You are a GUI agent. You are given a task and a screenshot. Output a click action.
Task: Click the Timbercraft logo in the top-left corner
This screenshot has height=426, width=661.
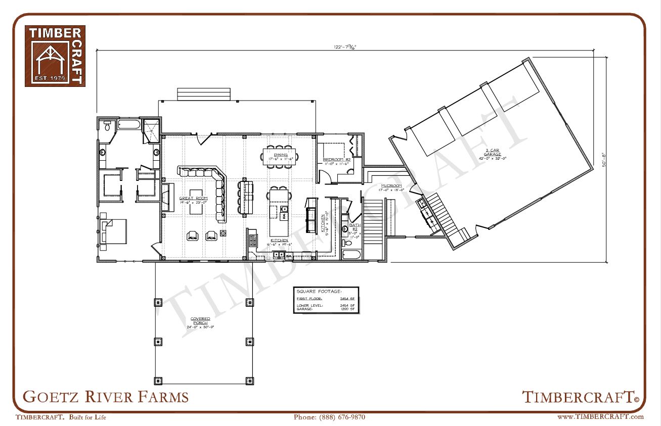[55, 56]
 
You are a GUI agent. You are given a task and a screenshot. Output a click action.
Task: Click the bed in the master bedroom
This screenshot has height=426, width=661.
[113, 231]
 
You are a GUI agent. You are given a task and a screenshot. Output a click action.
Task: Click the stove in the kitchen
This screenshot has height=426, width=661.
[252, 238]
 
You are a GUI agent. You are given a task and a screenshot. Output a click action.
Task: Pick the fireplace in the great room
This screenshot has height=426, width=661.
[165, 197]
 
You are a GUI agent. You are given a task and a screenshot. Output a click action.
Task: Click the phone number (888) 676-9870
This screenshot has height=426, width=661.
[329, 417]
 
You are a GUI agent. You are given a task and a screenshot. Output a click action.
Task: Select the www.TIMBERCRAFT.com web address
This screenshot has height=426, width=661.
[600, 417]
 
